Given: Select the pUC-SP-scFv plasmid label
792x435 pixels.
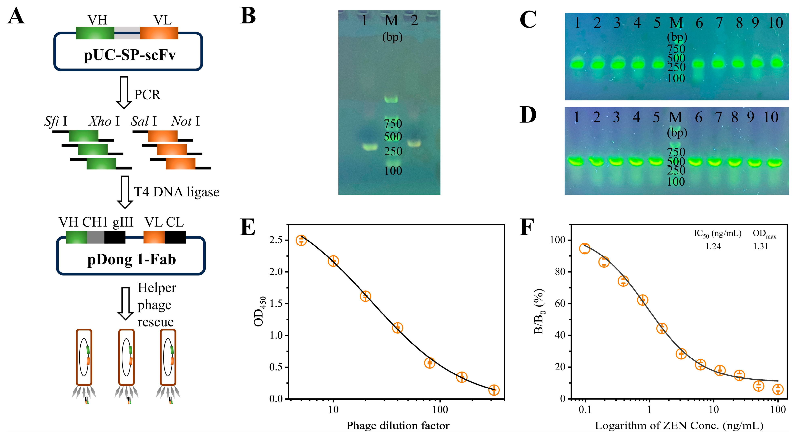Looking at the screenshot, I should pyautogui.click(x=130, y=55).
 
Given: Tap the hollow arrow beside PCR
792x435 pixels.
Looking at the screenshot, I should pyautogui.click(x=124, y=93).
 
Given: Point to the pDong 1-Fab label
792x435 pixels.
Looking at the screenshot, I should pyautogui.click(x=132, y=259).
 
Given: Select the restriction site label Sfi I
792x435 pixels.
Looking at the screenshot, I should pyautogui.click(x=56, y=121).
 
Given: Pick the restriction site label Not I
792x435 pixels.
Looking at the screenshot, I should pyautogui.click(x=185, y=121).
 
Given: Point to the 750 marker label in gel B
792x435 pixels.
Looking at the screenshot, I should pyautogui.click(x=393, y=124).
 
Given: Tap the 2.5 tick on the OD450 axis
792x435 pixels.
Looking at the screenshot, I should pyautogui.click(x=276, y=240).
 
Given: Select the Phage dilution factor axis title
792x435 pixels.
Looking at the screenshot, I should pyautogui.click(x=398, y=426).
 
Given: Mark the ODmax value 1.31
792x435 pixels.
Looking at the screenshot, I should pyautogui.click(x=761, y=246).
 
